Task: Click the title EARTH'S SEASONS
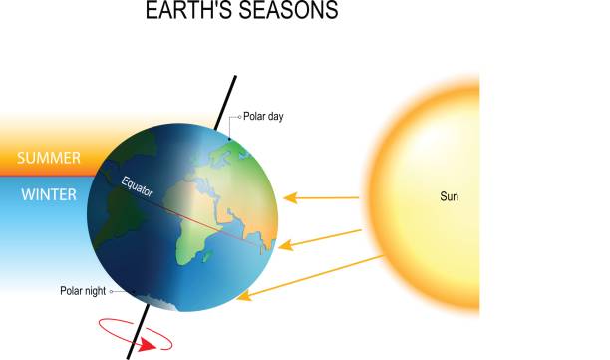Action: click(241, 12)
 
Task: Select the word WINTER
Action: click(49, 194)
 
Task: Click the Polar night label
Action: click(83, 291)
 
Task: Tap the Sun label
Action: click(451, 196)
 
